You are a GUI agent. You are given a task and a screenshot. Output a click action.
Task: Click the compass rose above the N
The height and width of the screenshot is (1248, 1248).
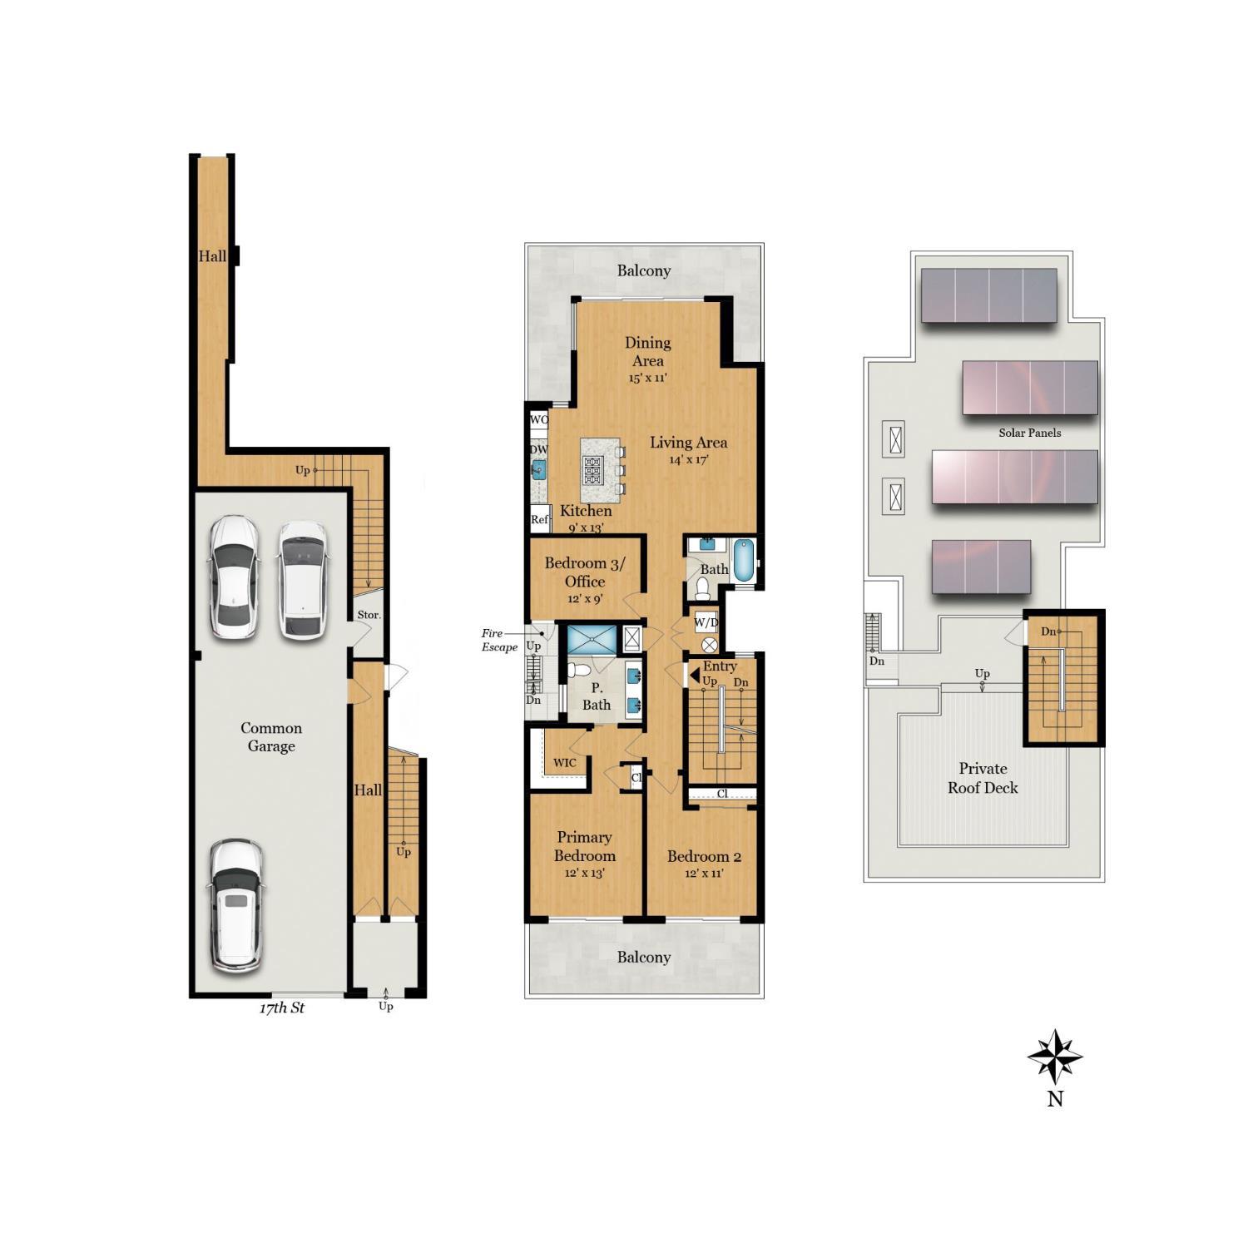1055,1057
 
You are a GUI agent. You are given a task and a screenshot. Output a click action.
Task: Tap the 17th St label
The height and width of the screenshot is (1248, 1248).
282,1008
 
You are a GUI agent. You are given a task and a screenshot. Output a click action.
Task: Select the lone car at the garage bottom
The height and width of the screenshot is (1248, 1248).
236,905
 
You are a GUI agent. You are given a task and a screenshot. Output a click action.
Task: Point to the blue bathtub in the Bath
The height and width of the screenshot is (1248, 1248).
745,560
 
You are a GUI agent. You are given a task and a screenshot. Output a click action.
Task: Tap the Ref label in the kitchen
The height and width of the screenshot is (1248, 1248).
540,519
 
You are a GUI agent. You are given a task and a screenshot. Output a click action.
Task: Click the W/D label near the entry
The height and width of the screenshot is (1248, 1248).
706,621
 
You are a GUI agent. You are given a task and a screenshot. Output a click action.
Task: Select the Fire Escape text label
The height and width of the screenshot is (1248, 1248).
499,640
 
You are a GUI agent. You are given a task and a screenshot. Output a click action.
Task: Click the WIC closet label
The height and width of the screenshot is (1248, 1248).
564,763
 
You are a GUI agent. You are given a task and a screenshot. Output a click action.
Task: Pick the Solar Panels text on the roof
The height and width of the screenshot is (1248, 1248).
1030,433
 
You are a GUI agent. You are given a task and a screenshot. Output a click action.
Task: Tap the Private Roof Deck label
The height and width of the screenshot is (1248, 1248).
983,778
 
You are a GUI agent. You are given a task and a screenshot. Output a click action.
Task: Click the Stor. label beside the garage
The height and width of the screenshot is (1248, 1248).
369,615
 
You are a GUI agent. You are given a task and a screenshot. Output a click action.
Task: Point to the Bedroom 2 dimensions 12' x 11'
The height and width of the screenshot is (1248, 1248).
704,874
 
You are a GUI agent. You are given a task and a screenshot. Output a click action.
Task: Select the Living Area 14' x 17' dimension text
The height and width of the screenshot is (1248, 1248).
688,459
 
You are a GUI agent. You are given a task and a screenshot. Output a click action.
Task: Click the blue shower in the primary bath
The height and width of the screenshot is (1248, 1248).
592,639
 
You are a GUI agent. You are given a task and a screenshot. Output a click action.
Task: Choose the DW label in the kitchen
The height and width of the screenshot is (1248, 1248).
539,450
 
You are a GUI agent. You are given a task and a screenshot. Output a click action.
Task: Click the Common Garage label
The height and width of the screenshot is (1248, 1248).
271,736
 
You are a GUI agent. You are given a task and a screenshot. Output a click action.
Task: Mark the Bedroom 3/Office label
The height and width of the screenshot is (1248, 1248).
585,572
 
